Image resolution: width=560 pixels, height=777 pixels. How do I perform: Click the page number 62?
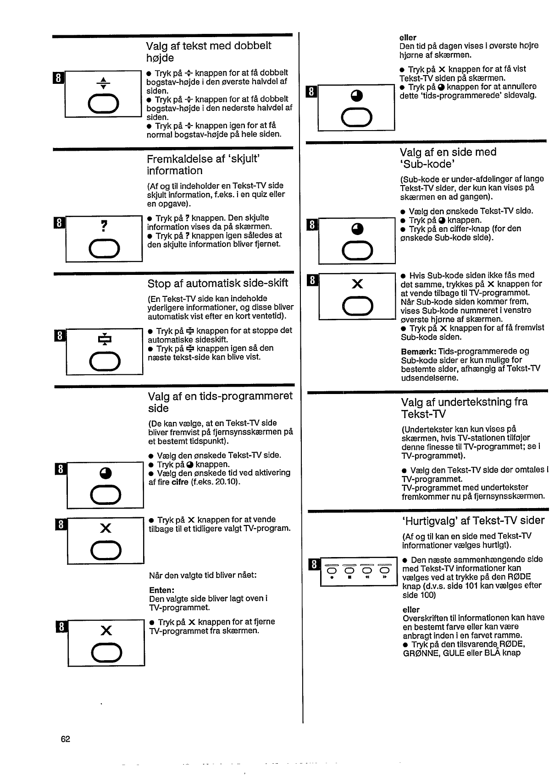pos(65,739)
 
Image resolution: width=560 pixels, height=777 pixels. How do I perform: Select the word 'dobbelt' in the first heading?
pos(253,46)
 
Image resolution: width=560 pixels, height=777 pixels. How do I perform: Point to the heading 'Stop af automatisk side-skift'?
pos(218,283)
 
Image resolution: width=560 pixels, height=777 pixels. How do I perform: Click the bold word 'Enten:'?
pos(161,590)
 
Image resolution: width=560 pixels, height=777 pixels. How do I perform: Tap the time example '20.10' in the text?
pos(226,482)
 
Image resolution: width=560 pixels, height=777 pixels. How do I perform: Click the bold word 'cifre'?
pos(180,482)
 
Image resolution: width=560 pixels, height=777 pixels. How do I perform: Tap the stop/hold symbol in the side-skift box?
pos(105,339)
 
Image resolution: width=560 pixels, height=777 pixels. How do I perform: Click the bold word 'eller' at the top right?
pos(408,38)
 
